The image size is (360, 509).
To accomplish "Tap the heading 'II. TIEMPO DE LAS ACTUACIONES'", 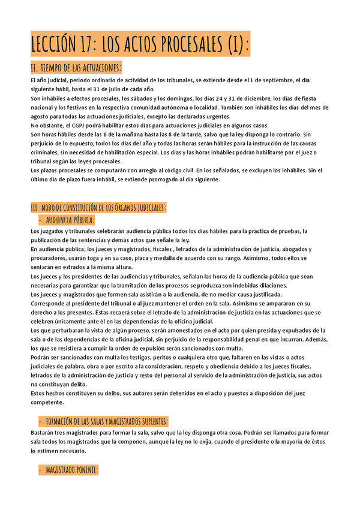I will [76, 67].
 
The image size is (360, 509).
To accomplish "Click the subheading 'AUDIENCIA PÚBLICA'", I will [70, 220].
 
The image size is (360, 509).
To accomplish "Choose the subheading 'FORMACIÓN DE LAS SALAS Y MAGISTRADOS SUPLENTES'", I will [106, 421].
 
